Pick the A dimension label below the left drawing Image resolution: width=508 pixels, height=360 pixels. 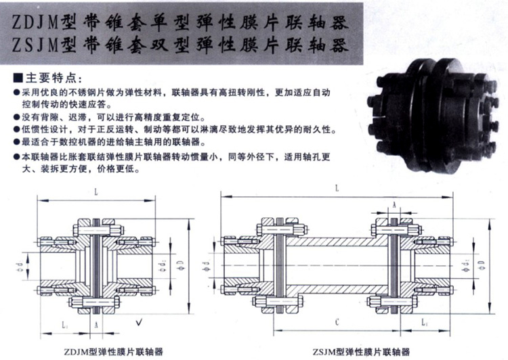click(98, 325)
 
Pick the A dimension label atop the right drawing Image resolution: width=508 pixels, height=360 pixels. click(393, 204)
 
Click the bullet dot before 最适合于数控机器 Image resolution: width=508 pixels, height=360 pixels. click(16, 142)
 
